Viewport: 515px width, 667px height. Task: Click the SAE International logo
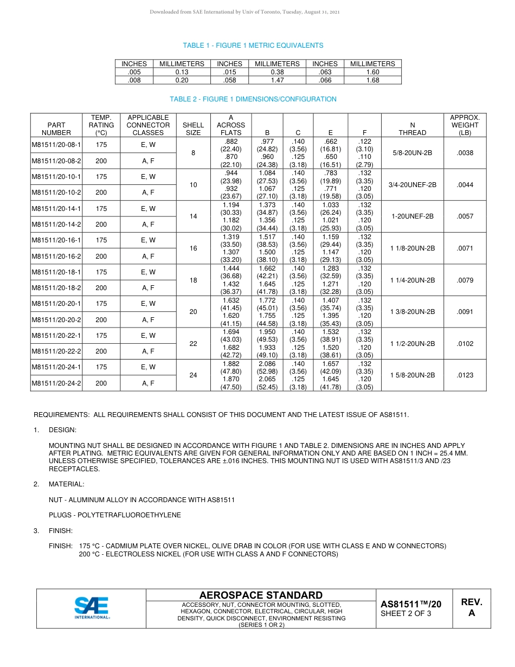point(92,608)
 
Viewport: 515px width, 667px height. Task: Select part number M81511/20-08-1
point(56,145)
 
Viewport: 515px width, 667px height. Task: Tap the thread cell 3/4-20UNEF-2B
point(412,184)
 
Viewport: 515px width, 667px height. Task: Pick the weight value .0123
point(465,375)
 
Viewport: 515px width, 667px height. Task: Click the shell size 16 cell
point(193,248)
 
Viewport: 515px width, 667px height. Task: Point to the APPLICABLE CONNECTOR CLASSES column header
point(148,125)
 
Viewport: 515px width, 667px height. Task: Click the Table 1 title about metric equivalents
point(253,46)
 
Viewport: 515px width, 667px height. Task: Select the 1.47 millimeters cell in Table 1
point(277,80)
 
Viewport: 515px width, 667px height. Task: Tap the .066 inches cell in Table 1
point(325,80)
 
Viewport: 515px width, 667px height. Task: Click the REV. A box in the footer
point(471,608)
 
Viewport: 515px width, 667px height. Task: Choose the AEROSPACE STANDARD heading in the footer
point(261,595)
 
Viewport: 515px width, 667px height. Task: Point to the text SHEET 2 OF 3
point(406,613)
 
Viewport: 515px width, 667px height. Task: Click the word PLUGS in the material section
point(61,515)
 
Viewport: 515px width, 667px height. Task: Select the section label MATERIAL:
point(66,484)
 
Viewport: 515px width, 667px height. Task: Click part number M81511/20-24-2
point(56,383)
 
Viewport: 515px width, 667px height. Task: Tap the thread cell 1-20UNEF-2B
point(412,216)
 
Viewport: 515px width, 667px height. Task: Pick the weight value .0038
point(465,152)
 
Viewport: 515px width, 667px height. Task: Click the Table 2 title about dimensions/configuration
point(253,99)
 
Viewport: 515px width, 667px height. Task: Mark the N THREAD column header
point(412,129)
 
